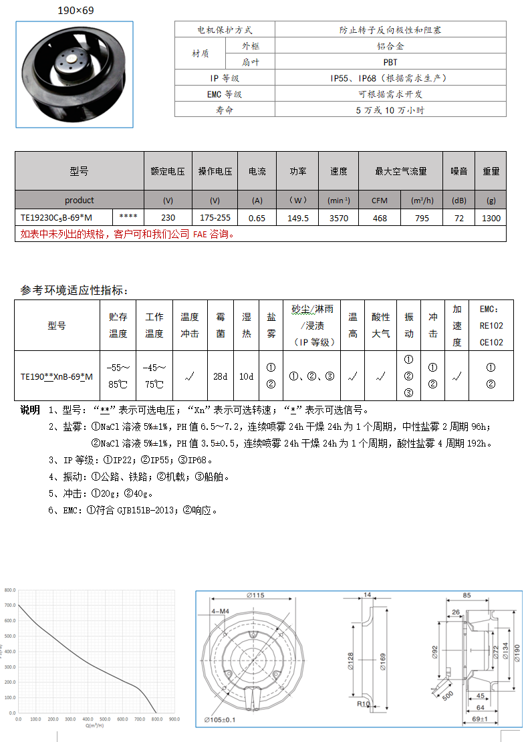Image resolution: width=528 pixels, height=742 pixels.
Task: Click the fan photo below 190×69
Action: (74, 74)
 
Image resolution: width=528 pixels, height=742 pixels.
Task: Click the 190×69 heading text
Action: (75, 11)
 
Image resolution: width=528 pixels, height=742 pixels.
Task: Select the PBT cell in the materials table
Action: (390, 62)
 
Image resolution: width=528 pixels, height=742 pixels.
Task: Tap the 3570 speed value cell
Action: (338, 218)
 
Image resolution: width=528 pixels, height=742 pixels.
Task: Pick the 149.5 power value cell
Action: (297, 218)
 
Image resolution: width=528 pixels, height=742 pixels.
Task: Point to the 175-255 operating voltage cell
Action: (215, 218)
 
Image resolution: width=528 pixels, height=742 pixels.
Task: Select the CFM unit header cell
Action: (380, 200)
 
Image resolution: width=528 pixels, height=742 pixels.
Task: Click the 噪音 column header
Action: (458, 171)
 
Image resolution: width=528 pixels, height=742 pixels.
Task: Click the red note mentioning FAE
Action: (127, 234)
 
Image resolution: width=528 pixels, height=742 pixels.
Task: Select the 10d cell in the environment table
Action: (247, 376)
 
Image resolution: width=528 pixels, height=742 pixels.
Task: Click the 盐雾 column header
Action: (271, 325)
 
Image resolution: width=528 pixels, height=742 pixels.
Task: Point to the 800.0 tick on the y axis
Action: (9, 591)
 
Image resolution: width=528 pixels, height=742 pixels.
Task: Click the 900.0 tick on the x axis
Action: (174, 719)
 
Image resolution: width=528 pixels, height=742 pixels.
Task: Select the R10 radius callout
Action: (364, 703)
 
